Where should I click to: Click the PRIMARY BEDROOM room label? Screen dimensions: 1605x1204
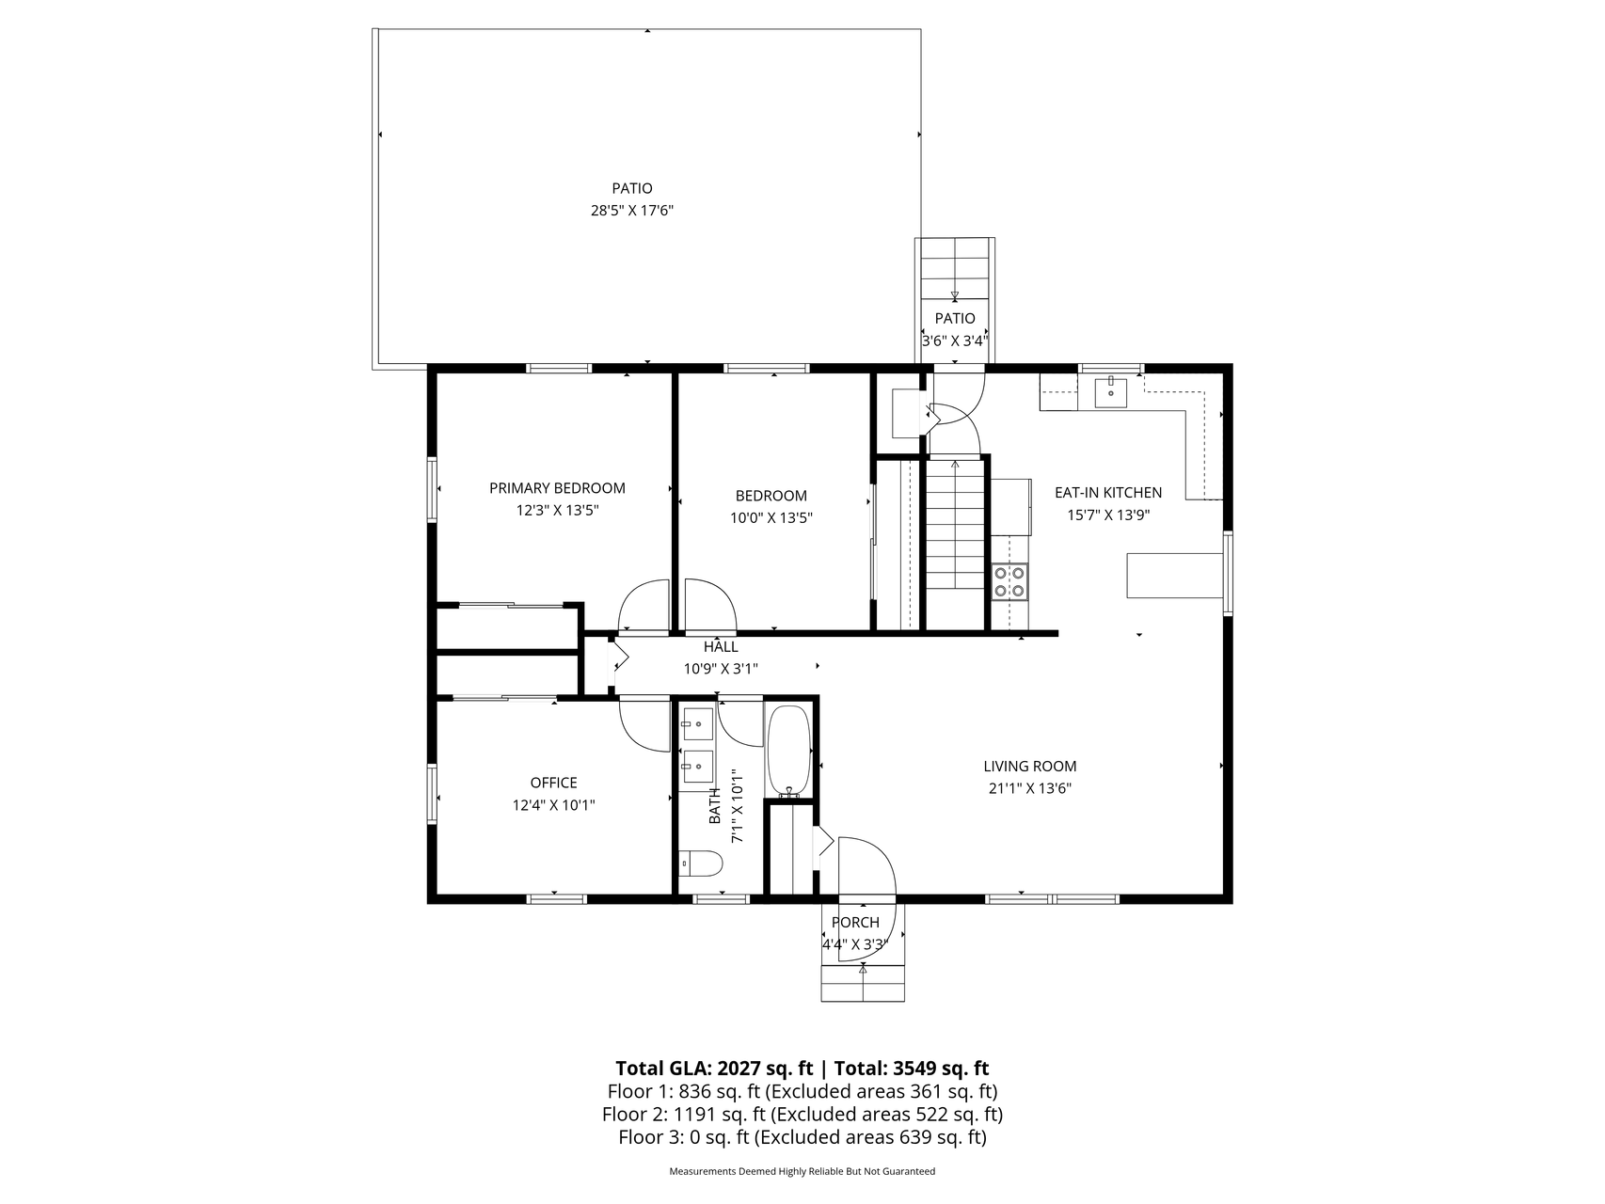[557, 488]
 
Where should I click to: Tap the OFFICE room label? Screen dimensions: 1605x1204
[553, 783]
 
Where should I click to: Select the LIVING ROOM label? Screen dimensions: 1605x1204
[1030, 767]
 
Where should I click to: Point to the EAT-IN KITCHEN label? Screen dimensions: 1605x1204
[1108, 492]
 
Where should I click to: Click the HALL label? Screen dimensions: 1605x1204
[721, 647]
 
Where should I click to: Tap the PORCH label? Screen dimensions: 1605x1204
[855, 923]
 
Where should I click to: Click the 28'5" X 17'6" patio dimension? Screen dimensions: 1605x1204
[632, 211]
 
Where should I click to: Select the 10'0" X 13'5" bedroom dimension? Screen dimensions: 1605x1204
[771, 517]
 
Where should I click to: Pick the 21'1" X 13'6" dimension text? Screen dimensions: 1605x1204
[1030, 789]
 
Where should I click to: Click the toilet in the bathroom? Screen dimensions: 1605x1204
[700, 863]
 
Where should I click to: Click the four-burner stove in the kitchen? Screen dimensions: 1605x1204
[1010, 581]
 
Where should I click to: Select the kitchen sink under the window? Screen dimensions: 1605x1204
[1111, 391]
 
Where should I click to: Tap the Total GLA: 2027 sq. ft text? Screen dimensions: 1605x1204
[714, 1069]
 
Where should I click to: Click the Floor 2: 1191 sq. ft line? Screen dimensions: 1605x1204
[802, 1115]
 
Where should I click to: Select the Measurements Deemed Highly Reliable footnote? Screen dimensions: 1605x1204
[802, 1172]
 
